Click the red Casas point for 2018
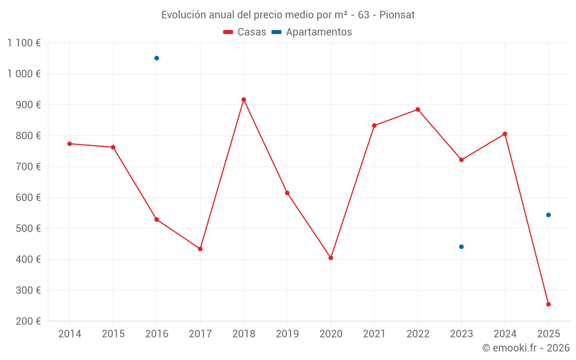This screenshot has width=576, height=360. click(x=244, y=100)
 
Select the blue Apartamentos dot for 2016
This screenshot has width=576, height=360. click(x=157, y=58)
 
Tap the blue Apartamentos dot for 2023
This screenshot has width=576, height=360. click(x=461, y=247)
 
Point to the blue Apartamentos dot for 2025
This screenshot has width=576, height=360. click(x=548, y=215)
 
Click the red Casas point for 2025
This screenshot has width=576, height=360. click(x=548, y=304)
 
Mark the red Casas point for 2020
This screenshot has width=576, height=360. click(x=331, y=258)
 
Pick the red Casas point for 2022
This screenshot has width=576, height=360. click(x=418, y=109)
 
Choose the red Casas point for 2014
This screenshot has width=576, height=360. click(x=70, y=143)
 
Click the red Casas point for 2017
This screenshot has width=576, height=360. click(x=200, y=249)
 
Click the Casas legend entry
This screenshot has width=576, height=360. click(x=245, y=32)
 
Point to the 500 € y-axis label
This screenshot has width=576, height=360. click(x=27, y=229)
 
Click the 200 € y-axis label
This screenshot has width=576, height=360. click(x=27, y=321)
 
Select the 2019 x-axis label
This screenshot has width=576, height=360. click(x=287, y=334)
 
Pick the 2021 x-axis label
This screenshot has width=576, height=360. click(x=374, y=334)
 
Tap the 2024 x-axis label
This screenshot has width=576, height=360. click(x=505, y=334)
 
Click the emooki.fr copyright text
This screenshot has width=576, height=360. click(x=526, y=348)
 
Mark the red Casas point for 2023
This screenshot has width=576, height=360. click(x=461, y=160)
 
